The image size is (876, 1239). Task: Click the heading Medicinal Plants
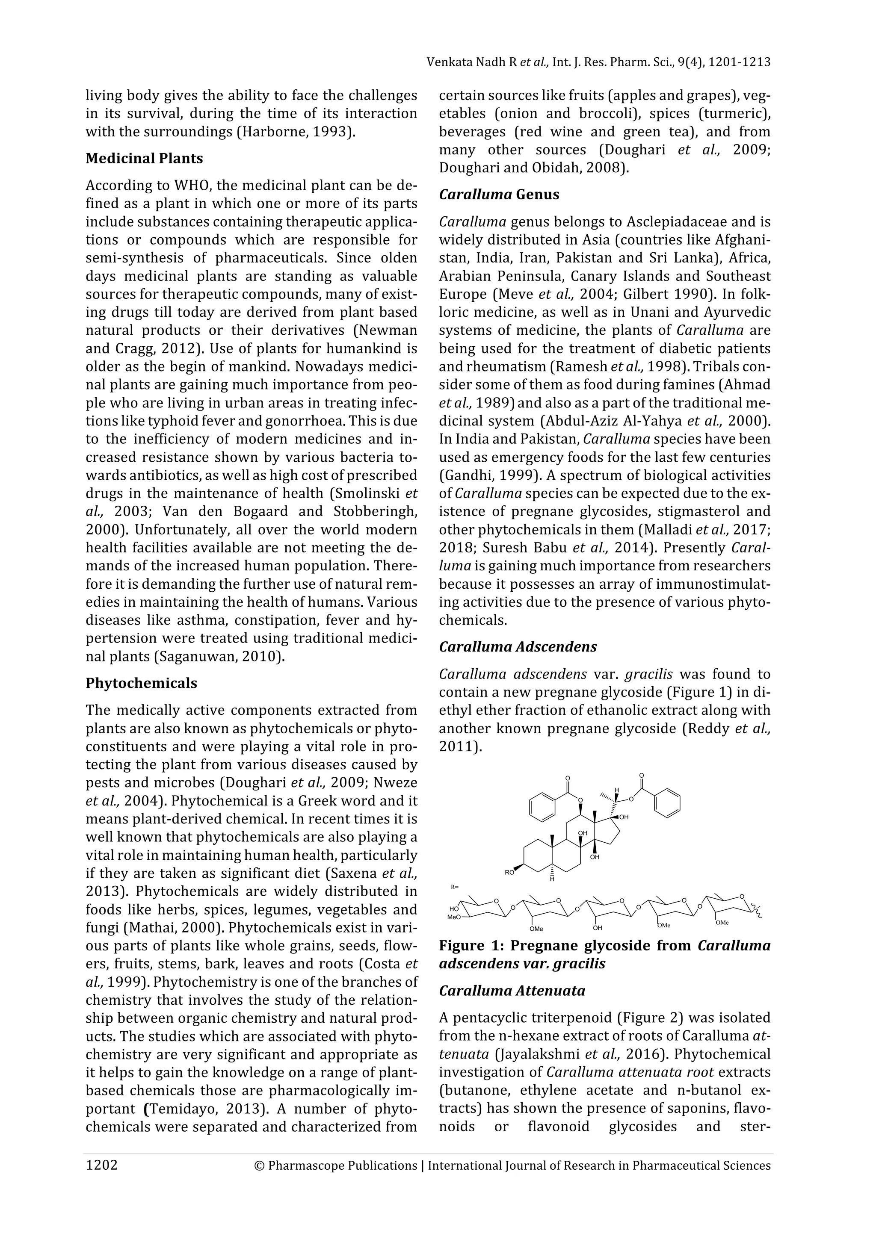tap(144, 159)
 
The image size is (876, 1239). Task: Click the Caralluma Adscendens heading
tap(518, 646)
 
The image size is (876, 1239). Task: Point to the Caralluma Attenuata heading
tap(512, 991)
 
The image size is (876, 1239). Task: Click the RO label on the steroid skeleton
tap(509, 872)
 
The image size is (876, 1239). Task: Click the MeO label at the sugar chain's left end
tap(454, 917)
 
